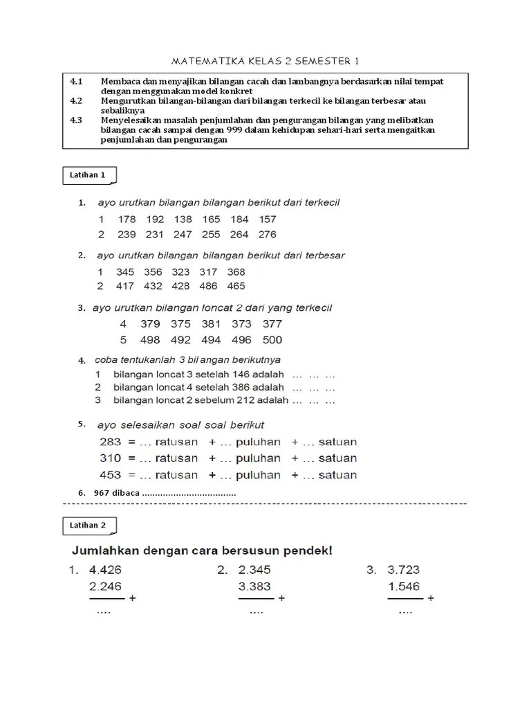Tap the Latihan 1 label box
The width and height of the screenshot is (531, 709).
(x=88, y=175)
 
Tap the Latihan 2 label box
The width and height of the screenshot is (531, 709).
(x=88, y=525)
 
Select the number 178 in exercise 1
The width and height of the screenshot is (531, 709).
(x=127, y=219)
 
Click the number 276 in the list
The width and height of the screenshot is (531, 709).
(x=267, y=235)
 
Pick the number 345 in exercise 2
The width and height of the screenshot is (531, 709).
(x=125, y=272)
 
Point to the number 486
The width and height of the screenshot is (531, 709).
(x=207, y=286)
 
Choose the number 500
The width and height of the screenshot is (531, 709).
(x=272, y=340)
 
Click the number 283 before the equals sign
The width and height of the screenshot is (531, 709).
(x=110, y=442)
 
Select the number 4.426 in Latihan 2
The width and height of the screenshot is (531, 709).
(x=106, y=571)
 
